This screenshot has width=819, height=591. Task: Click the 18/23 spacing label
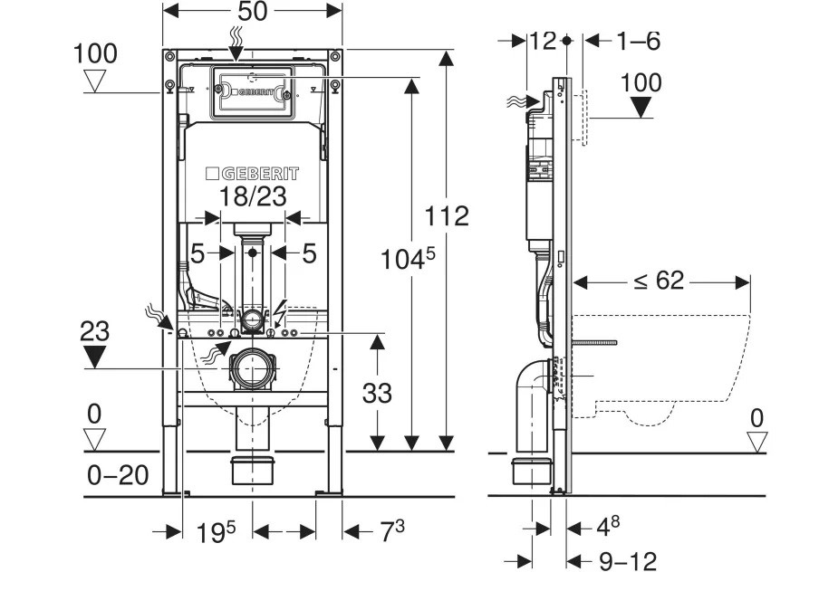[253, 195]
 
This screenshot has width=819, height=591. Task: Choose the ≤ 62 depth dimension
[659, 281]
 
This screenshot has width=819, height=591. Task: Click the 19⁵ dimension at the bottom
[217, 533]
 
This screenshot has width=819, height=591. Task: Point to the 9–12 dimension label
[627, 561]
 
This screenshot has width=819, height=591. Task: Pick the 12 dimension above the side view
[543, 41]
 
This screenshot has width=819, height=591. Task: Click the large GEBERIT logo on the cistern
[252, 172]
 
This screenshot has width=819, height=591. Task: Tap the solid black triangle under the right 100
[641, 107]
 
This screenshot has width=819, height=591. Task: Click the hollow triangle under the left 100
[94, 82]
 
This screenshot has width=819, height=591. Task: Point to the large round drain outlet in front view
[252, 369]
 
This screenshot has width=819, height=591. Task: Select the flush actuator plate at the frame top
[253, 91]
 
